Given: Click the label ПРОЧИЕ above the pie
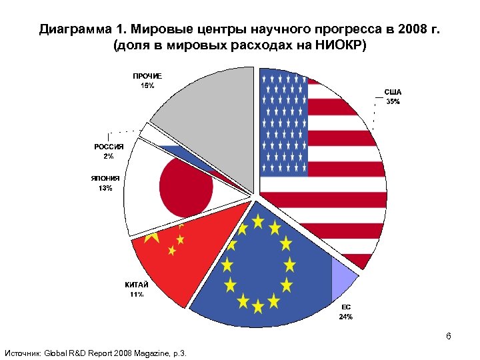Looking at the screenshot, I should click(147, 76).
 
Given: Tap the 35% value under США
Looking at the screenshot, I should click(393, 102).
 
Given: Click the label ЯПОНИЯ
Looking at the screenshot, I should click(105, 178).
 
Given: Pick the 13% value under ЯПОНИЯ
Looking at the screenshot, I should click(105, 188).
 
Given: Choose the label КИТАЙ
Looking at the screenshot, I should click(136, 285).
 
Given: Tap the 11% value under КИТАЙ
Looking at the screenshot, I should click(136, 295).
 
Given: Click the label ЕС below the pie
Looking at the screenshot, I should click(346, 307).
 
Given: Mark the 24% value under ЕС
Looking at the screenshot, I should click(346, 317).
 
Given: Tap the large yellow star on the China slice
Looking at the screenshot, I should click(152, 235).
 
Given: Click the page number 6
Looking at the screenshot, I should click(449, 336).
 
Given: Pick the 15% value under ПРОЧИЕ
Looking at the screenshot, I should click(147, 85).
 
